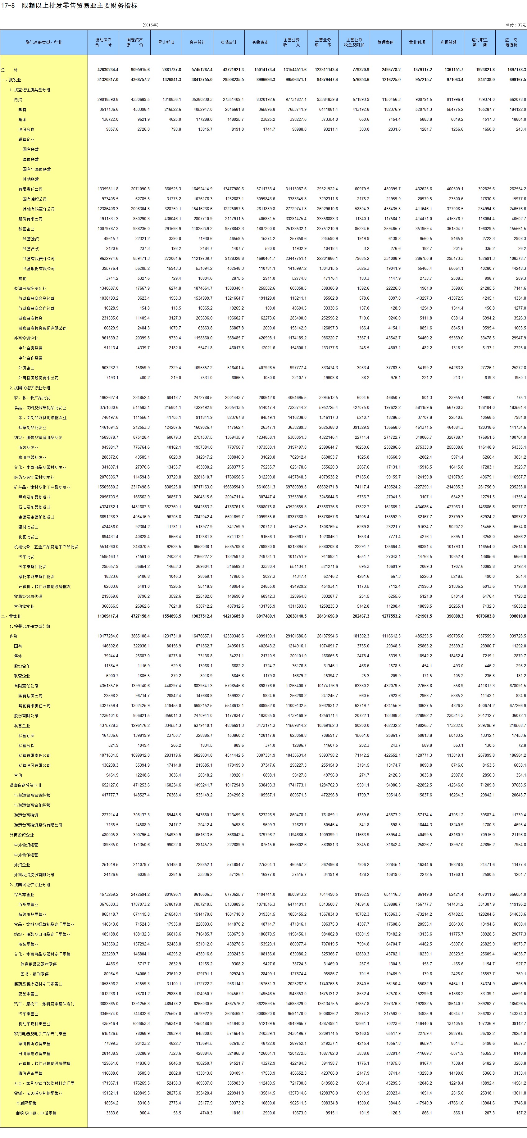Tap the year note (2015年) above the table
pyautogui.click(x=150, y=25)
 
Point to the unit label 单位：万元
pyautogui.click(x=516, y=25)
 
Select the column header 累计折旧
pyautogui.click(x=166, y=43)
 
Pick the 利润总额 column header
pyautogui.click(x=448, y=43)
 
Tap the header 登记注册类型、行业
pyautogui.click(x=44, y=43)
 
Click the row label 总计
pyautogui.click(x=9, y=70)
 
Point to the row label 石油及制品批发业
pyautogui.click(x=34, y=507)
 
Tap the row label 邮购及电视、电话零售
pyautogui.click(x=36, y=1113)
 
